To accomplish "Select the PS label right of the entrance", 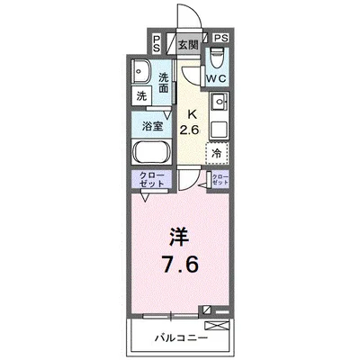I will pyautogui.click(x=221, y=39).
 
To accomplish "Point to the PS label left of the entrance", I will pyautogui.click(x=157, y=43).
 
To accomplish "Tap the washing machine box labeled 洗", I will pyautogui.click(x=142, y=96).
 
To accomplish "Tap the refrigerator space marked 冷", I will pyautogui.click(x=216, y=154).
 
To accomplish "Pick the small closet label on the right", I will pyautogui.click(x=220, y=179).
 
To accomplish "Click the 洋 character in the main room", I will pyautogui.click(x=180, y=238).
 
